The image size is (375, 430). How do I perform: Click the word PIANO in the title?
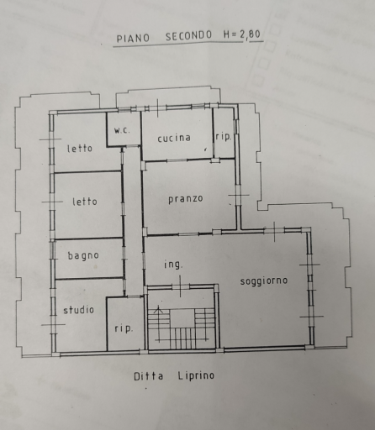[x=133, y=39]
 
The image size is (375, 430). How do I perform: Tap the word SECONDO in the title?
[x=188, y=36]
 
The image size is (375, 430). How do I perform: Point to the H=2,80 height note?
[x=242, y=34]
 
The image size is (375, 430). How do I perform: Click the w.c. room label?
[x=122, y=130]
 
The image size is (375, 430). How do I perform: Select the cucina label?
[x=174, y=138]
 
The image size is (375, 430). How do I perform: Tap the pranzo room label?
[x=186, y=199]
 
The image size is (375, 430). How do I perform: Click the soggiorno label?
[x=264, y=281]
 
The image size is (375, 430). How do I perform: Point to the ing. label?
[x=173, y=265]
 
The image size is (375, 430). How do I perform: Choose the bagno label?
[x=83, y=256]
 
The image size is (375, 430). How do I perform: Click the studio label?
[x=78, y=310]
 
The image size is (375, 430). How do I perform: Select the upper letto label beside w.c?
[x=80, y=148]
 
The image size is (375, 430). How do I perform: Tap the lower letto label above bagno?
[x=85, y=202]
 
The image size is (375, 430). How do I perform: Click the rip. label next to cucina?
[x=224, y=137]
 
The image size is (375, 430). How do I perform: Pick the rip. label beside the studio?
[x=124, y=328]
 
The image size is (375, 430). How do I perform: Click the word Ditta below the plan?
[x=148, y=376]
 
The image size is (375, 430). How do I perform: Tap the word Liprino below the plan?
[x=196, y=375]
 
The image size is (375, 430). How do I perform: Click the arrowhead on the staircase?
[x=158, y=309]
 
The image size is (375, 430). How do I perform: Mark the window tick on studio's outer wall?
[x=53, y=324]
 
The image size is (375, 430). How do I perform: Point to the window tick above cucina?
[x=157, y=107]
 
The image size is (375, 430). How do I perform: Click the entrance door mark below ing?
[x=180, y=286]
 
